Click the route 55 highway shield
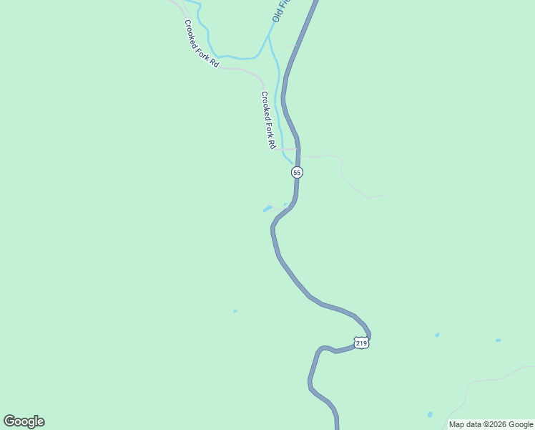tap(297, 173)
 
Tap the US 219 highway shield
tap(361, 343)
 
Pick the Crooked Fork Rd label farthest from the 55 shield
tap(201, 44)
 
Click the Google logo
tap(24, 421)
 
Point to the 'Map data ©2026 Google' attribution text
tap(491, 424)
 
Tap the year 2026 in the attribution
tap(499, 424)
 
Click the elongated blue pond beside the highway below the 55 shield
tap(267, 209)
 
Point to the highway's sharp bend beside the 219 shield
tap(369, 334)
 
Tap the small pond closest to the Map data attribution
tap(430, 414)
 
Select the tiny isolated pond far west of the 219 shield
tap(235, 311)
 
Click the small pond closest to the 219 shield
tap(437, 335)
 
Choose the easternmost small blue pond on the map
tap(498, 340)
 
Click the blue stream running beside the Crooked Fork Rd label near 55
tap(278, 107)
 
